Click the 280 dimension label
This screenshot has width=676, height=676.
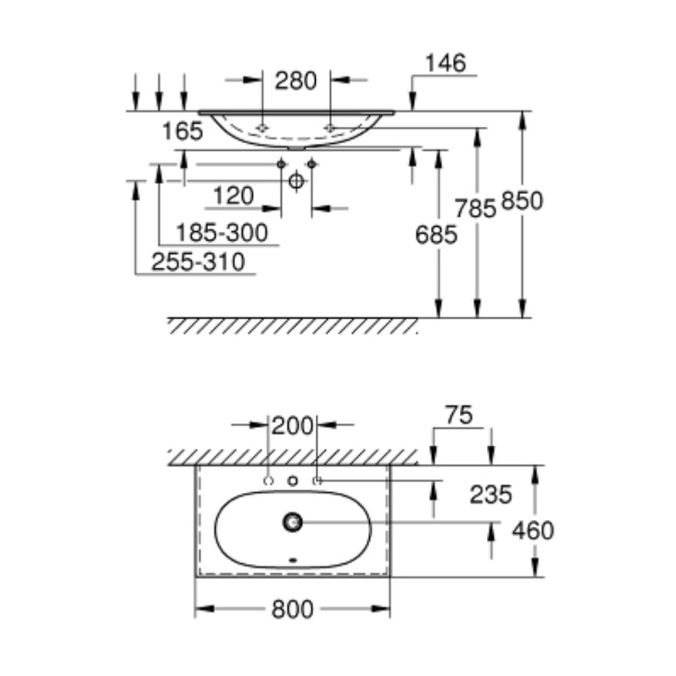[296, 80]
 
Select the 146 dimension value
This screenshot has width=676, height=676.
[445, 63]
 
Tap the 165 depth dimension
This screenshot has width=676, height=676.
[183, 131]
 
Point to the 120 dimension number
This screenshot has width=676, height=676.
[233, 196]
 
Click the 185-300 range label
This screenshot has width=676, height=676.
[222, 233]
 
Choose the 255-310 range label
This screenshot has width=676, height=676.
[198, 262]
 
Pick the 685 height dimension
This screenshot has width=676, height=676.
[436, 235]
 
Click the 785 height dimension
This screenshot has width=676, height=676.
[475, 209]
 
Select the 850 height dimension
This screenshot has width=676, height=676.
[522, 201]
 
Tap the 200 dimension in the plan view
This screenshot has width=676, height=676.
[292, 426]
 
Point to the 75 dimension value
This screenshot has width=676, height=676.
[459, 415]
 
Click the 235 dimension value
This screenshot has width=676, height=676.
[491, 495]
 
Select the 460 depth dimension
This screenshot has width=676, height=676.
[533, 530]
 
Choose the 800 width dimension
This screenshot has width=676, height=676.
[292, 610]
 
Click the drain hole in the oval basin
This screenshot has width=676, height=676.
[293, 522]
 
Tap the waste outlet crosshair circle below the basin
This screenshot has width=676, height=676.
[296, 180]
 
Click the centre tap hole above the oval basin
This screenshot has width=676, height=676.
[293, 481]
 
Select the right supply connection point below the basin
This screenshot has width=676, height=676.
[312, 164]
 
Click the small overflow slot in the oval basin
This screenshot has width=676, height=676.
[293, 560]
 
